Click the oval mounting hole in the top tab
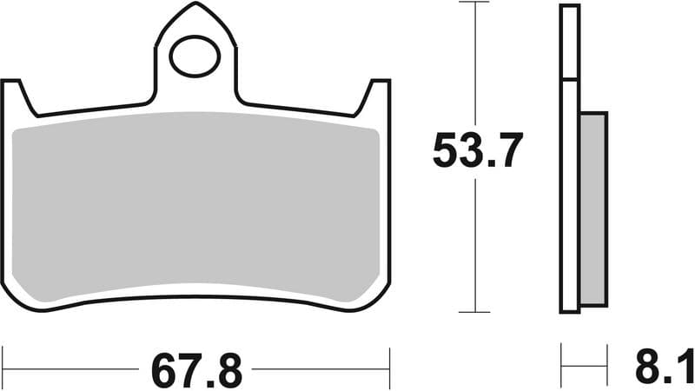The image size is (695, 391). click(195, 56)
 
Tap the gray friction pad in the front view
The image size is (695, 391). click(198, 209)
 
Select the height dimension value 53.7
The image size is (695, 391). click(477, 154)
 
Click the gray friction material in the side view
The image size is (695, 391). click(593, 209)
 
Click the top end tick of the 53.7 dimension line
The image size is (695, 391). click(474, 3)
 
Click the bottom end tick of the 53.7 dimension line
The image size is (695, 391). click(474, 312)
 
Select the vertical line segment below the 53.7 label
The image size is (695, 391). click(474, 243)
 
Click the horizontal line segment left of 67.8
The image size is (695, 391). click(74, 368)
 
